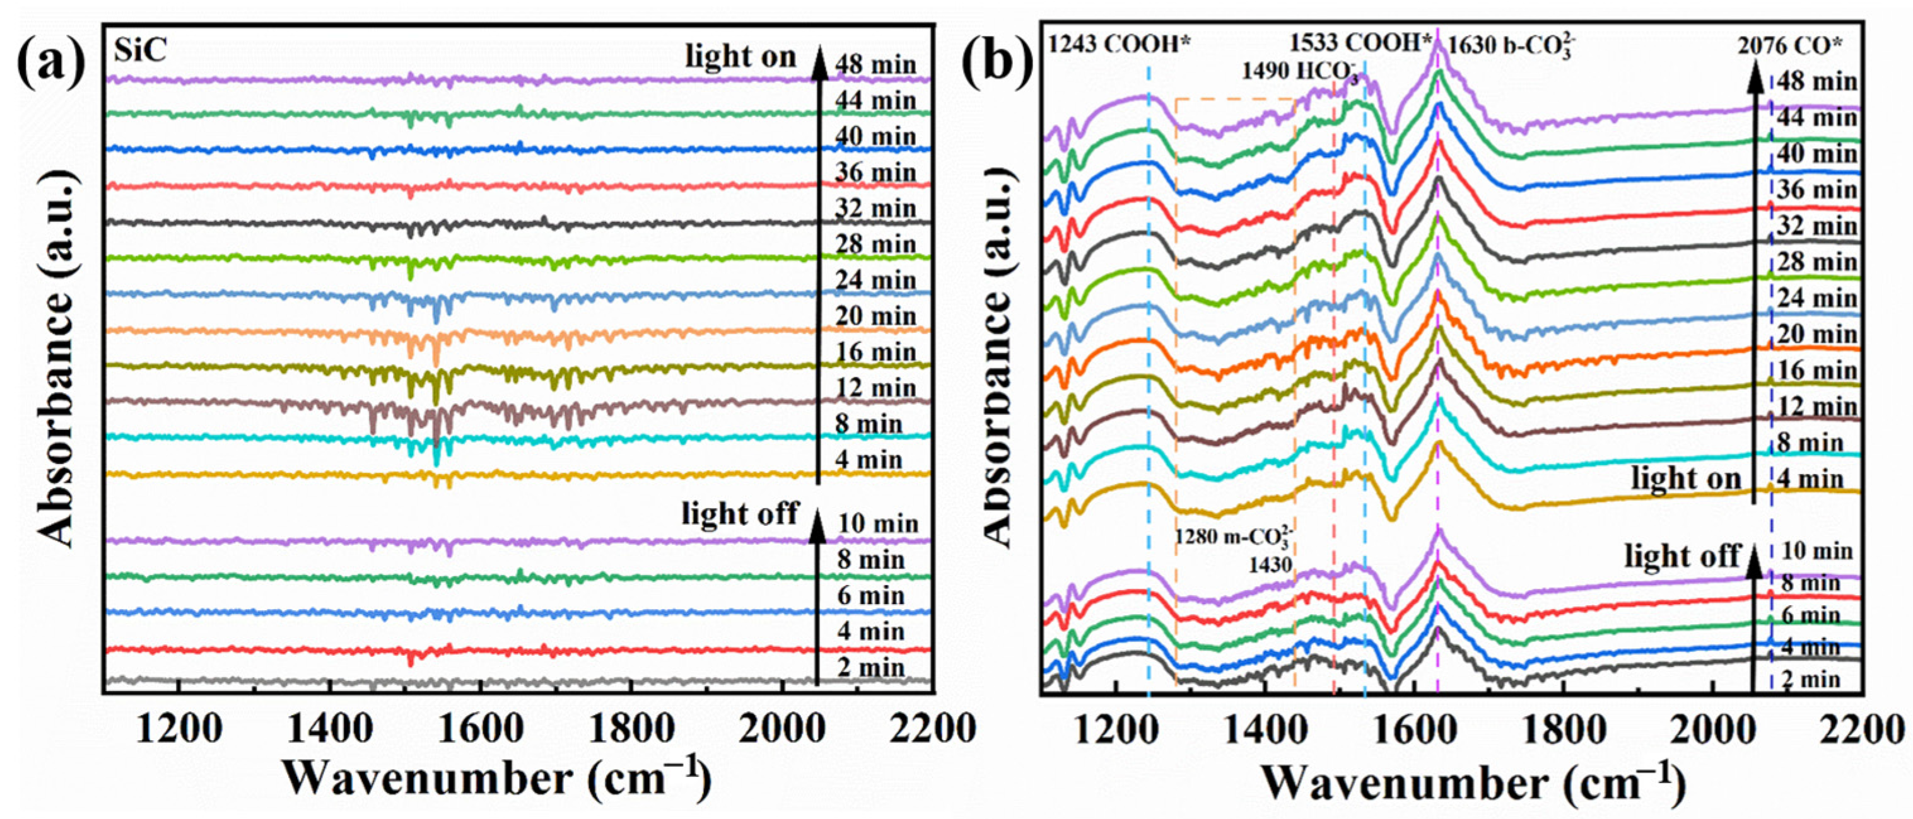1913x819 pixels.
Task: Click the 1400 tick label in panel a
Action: [x=330, y=729]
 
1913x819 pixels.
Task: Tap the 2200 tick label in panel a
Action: [x=932, y=729]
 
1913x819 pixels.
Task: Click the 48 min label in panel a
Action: [x=875, y=66]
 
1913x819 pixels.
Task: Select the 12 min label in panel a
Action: [x=875, y=388]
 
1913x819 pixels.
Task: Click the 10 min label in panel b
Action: [x=1816, y=551]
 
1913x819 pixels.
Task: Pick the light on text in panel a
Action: [x=740, y=57]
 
